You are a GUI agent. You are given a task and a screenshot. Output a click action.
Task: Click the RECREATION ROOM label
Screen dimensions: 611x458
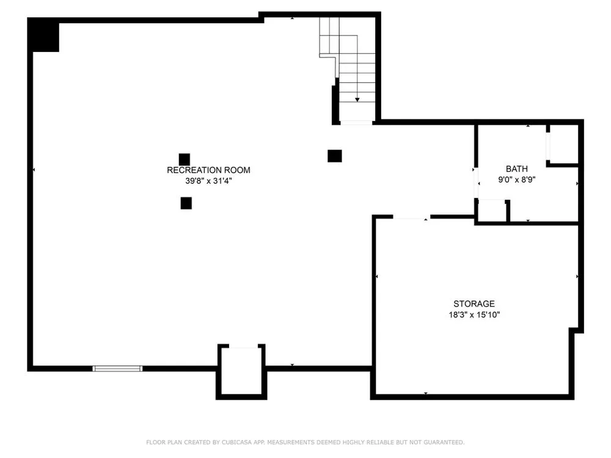[208, 170]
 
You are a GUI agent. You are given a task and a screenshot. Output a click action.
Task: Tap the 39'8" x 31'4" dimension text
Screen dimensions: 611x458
[208, 181]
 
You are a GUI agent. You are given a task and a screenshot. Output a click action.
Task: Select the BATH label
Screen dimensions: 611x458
[517, 169]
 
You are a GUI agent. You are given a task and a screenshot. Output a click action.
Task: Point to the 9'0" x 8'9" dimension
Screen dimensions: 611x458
[517, 180]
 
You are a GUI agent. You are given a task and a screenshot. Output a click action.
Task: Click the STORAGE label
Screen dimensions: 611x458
[474, 304]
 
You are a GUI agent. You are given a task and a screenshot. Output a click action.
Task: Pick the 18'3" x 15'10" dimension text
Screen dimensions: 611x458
[474, 314]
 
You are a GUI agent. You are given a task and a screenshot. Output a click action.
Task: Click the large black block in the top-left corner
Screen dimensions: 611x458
[43, 35]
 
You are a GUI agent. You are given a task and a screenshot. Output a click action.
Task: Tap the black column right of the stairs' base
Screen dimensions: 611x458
[335, 156]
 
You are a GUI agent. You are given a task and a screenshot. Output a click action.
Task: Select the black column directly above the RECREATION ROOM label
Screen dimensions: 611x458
[185, 159]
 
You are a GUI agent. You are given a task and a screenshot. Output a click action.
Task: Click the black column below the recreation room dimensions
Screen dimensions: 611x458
[186, 203]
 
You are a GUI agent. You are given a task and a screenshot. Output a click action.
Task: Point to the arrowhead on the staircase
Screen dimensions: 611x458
[357, 100]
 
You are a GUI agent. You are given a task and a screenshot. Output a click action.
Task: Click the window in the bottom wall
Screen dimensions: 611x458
[117, 368]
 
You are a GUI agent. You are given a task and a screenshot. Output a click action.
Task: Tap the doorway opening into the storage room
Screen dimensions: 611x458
[411, 217]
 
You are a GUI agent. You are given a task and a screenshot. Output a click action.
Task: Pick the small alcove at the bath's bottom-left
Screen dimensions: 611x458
[492, 211]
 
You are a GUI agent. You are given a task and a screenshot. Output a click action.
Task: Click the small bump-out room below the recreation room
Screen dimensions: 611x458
[241, 371]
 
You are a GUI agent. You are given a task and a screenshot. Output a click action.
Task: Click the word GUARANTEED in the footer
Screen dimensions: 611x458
[444, 442]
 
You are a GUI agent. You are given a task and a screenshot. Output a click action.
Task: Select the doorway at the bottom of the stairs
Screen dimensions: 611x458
[357, 123]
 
